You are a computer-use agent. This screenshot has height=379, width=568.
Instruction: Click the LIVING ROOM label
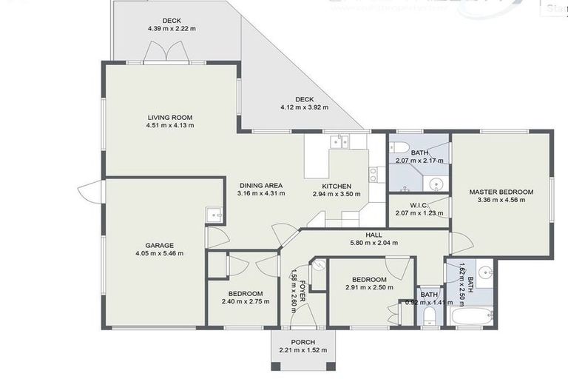[170, 117]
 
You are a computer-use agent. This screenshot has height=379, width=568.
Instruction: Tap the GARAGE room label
[159, 245]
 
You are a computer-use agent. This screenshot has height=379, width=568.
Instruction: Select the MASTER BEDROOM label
[501, 191]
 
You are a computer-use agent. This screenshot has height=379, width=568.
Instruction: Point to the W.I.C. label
[419, 204]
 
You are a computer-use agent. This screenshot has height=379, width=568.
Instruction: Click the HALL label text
[373, 233]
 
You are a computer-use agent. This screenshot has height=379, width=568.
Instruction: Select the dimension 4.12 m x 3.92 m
[304, 107]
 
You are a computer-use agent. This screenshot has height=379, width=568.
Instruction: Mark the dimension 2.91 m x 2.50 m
[369, 287]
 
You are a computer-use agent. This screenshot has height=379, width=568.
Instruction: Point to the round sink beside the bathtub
[486, 272]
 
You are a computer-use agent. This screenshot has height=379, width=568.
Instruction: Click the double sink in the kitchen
[341, 141]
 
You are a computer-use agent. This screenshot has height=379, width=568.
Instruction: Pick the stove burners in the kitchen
[373, 175]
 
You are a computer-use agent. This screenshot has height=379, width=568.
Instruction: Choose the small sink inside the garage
[214, 214]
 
